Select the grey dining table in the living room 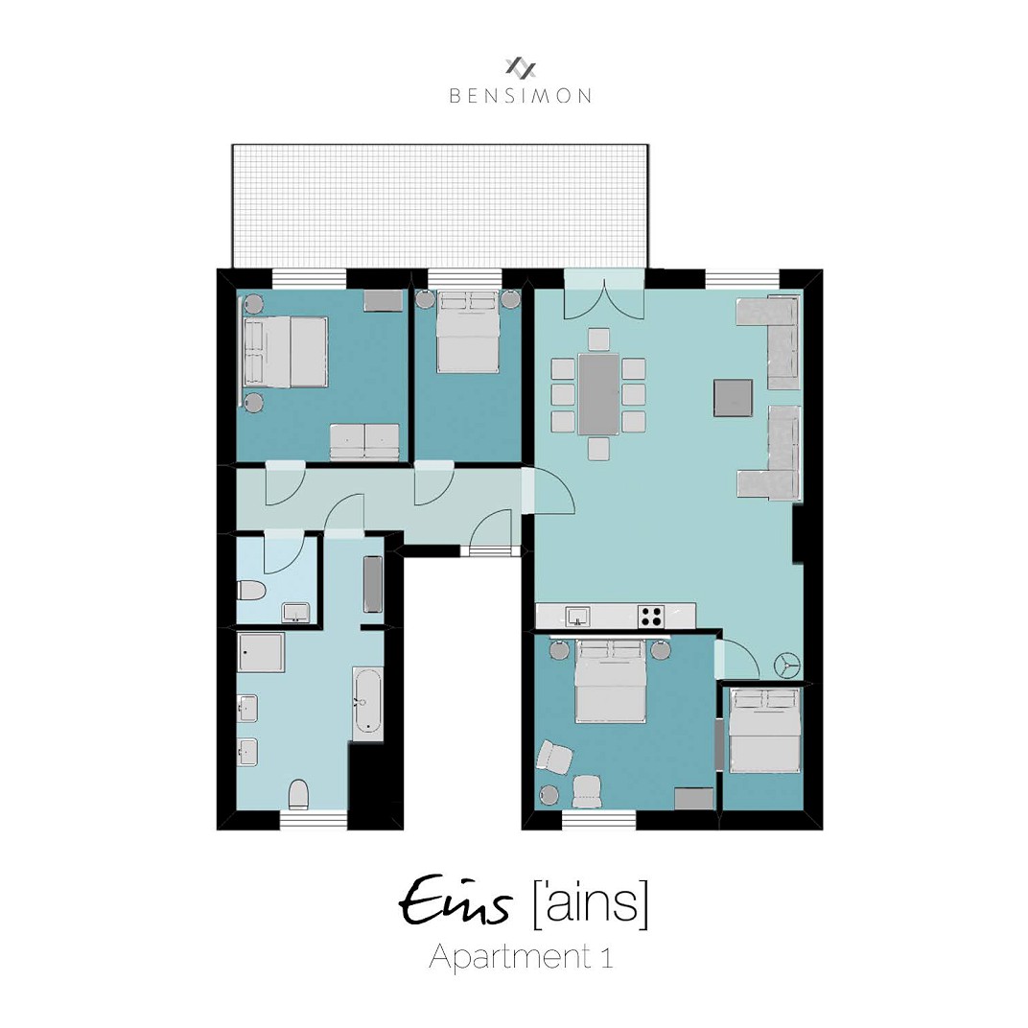(598, 394)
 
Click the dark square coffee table (733, 397)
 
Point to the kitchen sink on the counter (577, 615)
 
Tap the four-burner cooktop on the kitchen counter (652, 616)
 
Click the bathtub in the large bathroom (366, 703)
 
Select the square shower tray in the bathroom (261, 652)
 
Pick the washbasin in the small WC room (295, 612)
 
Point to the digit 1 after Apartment (606, 957)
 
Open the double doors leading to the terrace (600, 292)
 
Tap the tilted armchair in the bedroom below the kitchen (554, 756)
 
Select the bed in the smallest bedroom (763, 729)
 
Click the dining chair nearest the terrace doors (598, 339)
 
